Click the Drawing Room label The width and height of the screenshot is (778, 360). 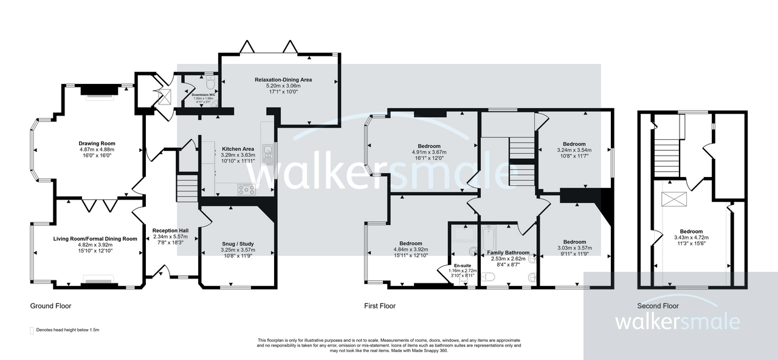coord(97,144)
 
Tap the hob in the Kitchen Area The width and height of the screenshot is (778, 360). coord(246,189)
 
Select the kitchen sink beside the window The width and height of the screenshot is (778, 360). coord(267,150)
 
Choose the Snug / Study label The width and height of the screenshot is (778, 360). coord(238,244)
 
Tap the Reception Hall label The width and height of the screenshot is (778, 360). coord(170,230)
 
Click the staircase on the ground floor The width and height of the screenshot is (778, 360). coord(186,188)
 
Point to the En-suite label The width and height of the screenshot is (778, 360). coord(463,265)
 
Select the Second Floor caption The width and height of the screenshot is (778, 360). coord(658,306)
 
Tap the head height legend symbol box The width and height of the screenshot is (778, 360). coord(32,330)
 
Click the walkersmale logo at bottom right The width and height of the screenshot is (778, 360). coord(678,322)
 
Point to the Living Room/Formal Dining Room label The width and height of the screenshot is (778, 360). coord(95,239)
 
